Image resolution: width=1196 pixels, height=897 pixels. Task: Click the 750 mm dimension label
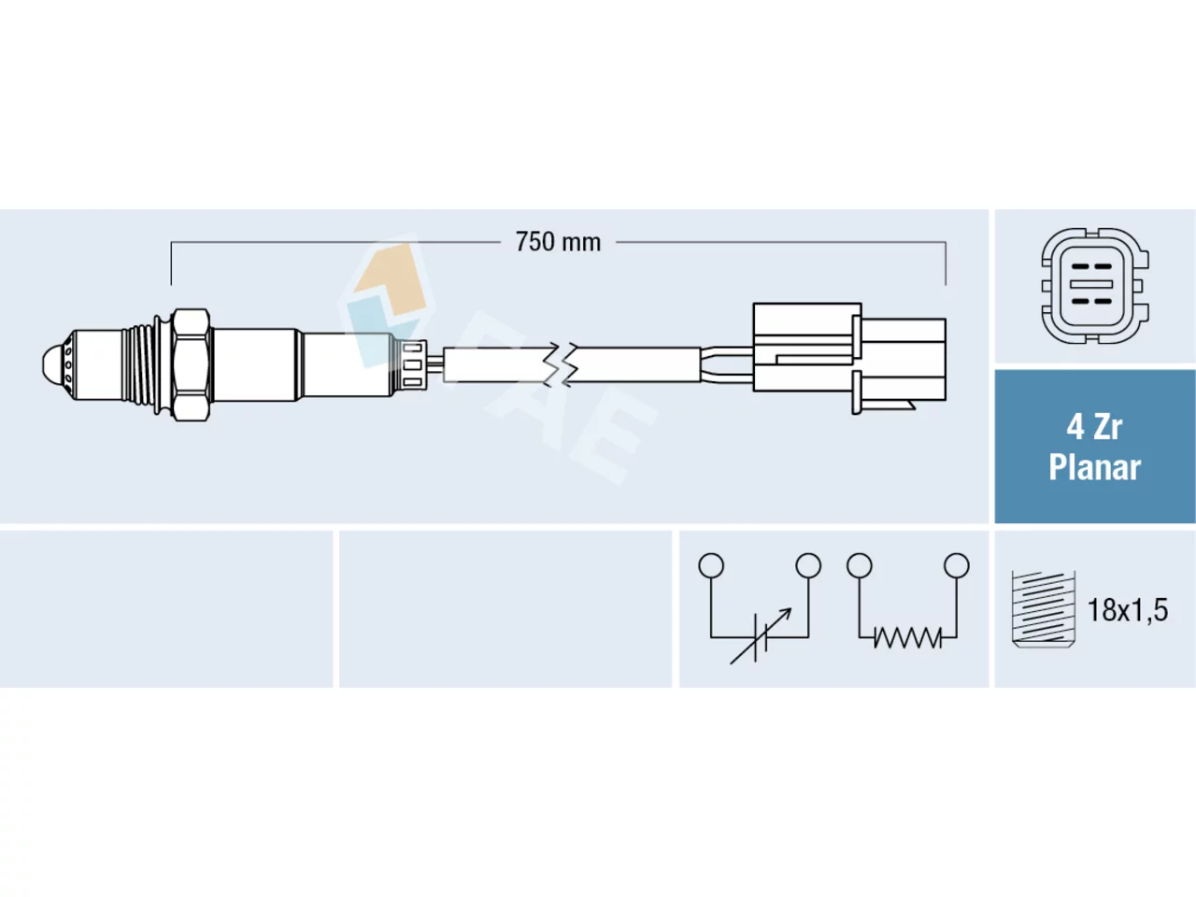click(x=558, y=242)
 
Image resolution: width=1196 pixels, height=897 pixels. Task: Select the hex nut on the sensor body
click(x=192, y=365)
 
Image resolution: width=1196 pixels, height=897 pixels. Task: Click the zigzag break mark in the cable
click(x=562, y=364)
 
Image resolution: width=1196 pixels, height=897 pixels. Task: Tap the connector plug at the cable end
click(x=849, y=359)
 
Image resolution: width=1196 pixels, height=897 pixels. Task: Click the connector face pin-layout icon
click(x=1095, y=285)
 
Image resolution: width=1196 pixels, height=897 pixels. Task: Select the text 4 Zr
click(x=1094, y=428)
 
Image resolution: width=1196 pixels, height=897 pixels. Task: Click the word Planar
click(x=1095, y=467)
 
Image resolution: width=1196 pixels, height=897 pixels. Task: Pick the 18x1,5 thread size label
click(x=1128, y=610)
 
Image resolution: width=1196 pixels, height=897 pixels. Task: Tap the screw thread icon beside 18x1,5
click(x=1043, y=609)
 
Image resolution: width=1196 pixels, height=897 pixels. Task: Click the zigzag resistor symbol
click(x=907, y=637)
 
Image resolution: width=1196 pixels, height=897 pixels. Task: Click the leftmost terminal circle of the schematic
click(x=711, y=565)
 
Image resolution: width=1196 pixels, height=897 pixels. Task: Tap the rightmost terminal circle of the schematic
click(x=957, y=565)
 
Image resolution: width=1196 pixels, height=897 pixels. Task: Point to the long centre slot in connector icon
click(x=1090, y=284)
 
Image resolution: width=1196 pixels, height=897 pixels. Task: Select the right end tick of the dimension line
click(x=946, y=263)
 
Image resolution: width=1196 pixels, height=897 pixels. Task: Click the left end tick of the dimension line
click(x=171, y=263)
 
